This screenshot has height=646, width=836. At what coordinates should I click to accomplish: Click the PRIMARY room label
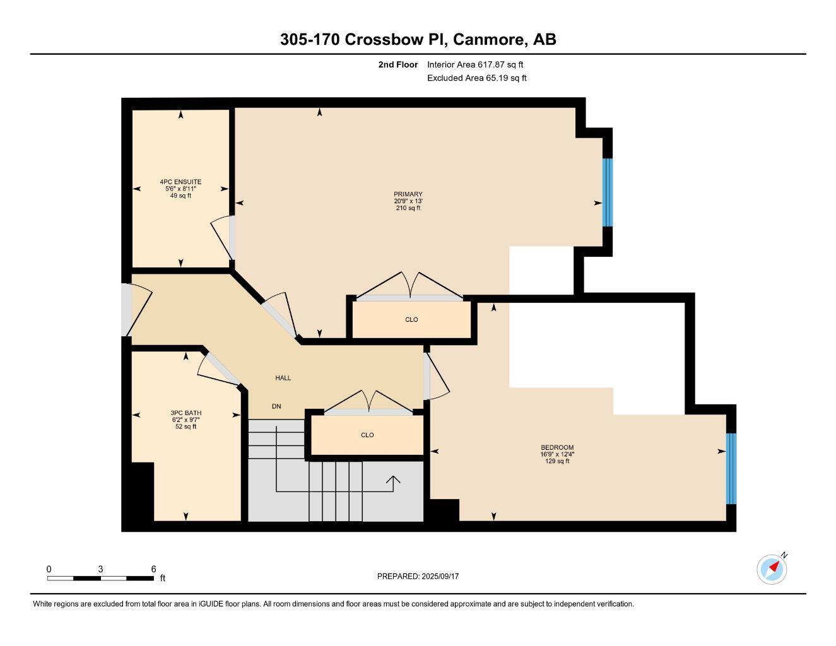pyautogui.click(x=408, y=194)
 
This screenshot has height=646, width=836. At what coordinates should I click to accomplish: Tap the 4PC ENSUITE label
pyautogui.click(x=180, y=182)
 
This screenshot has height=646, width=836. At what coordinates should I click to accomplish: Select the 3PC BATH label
pyautogui.click(x=185, y=413)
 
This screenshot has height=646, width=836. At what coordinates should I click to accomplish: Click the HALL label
pyautogui.click(x=283, y=378)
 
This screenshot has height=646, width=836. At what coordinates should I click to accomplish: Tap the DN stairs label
pyautogui.click(x=276, y=406)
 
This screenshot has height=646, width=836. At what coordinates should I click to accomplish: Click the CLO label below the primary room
pyautogui.click(x=411, y=320)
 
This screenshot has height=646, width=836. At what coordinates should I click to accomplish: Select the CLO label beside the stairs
pyautogui.click(x=367, y=435)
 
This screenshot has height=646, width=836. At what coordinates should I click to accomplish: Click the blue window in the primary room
pyautogui.click(x=607, y=192)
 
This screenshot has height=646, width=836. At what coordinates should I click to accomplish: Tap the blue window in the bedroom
pyautogui.click(x=731, y=468)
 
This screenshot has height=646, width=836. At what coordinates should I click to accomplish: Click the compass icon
pyautogui.click(x=772, y=569)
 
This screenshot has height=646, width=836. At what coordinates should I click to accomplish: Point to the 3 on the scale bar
pyautogui.click(x=100, y=569)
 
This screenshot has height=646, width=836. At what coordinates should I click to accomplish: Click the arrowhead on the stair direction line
pyautogui.click(x=393, y=481)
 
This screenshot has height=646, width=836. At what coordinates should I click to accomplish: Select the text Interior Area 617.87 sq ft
pyautogui.click(x=475, y=64)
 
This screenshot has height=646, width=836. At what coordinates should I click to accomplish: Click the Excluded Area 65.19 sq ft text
pyautogui.click(x=476, y=78)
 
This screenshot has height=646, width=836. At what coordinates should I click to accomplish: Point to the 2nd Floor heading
pyautogui.click(x=397, y=64)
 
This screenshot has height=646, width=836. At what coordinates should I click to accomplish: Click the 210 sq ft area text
pyautogui.click(x=408, y=208)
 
